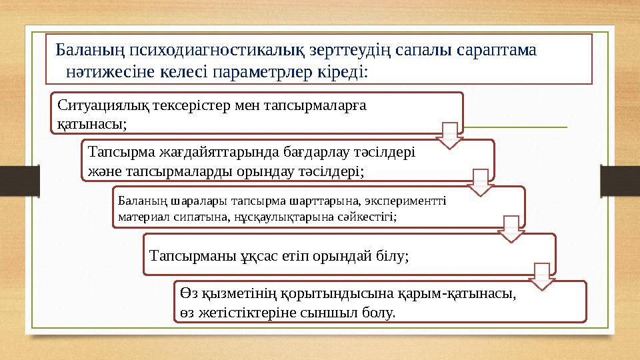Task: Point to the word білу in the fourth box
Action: (x=393, y=255)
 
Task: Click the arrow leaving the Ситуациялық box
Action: (x=450, y=135)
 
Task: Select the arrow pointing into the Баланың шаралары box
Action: (x=481, y=182)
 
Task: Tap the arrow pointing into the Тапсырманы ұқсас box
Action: (x=511, y=229)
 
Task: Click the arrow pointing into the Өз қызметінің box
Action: (x=542, y=276)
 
